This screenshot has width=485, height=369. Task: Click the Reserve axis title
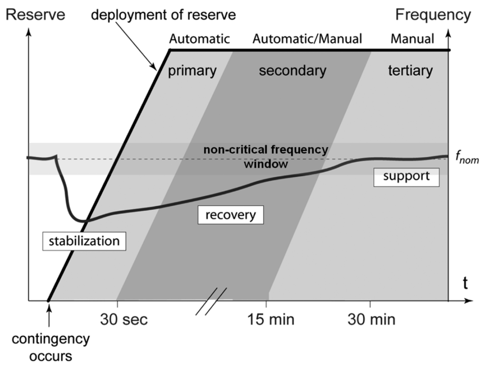pos(35,15)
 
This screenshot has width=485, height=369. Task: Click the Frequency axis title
pos(433,15)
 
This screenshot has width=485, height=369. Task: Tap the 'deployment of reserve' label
pos(163,15)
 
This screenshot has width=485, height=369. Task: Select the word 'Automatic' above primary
pos(199,39)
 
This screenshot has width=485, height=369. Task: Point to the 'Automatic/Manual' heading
pos(307,39)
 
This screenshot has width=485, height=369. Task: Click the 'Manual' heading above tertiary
pos(412,39)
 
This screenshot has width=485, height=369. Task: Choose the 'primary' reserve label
pos(192,71)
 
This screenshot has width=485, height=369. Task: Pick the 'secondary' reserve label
pos(293,71)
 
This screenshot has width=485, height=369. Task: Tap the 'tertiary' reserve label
pos(410,71)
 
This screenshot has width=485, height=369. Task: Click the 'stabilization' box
pos(84,241)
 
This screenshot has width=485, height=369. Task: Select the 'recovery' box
pos(231,215)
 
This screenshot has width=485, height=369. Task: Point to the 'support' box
pos(406,177)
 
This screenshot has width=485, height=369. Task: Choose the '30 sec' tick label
pos(124,320)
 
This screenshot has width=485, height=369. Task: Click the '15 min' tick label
pos(271,320)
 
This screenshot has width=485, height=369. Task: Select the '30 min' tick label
pos(371,320)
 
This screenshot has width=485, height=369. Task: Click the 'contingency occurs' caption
pos(51,347)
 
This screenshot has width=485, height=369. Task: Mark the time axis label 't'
pos(465,284)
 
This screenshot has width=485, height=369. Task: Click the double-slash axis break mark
pos(211,301)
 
